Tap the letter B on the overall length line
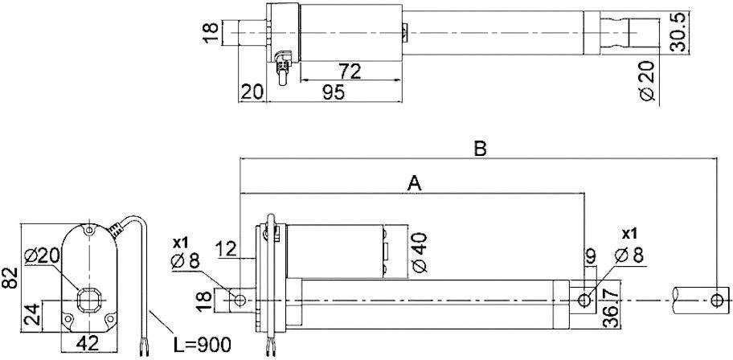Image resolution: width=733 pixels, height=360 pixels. click(x=480, y=149)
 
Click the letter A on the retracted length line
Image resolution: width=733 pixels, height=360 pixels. click(x=414, y=183)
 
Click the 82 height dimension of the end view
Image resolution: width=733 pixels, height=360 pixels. click(x=10, y=279)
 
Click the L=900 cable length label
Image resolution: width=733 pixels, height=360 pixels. click(x=203, y=345)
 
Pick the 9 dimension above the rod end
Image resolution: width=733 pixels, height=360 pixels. click(x=590, y=257)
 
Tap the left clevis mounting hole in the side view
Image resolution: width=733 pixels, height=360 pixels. click(x=239, y=300)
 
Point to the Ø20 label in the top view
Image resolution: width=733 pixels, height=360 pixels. click(x=649, y=82)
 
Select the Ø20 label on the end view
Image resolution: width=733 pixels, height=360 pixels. click(x=43, y=256)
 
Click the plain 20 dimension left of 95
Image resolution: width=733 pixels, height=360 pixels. click(x=252, y=92)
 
